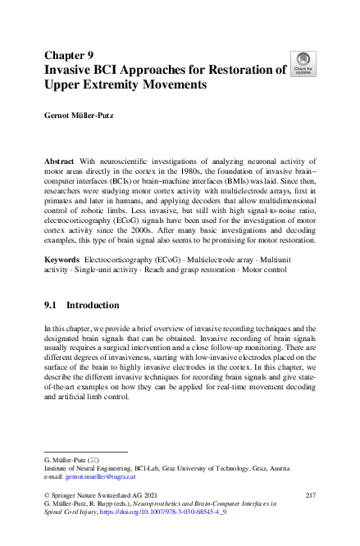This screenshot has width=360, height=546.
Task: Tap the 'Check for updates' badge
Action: pos(304,63)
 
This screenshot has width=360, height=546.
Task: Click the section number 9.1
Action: pos(51,305)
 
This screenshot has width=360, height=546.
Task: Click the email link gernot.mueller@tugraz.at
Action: pos(100,476)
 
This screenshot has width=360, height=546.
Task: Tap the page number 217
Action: pos(310,496)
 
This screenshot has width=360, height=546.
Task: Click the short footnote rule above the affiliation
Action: pos(85,451)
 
